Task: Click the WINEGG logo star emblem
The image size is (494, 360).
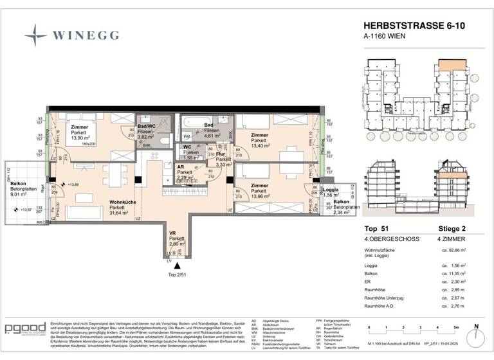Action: [x=33, y=32]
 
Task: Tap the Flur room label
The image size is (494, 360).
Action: [x=220, y=155]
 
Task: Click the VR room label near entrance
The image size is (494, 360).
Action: [x=172, y=233]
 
